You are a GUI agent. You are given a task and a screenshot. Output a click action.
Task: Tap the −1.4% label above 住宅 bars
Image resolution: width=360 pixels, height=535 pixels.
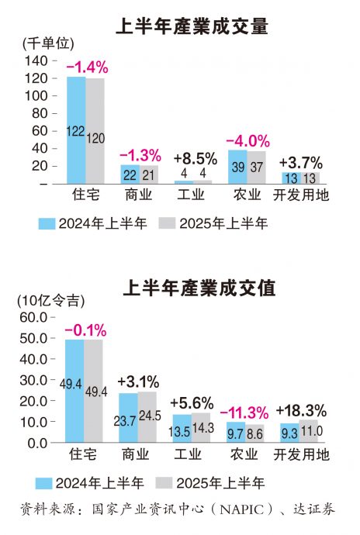pyautogui.click(x=87, y=68)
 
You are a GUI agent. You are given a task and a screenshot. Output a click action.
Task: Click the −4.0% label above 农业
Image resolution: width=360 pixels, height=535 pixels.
pyautogui.click(x=247, y=141)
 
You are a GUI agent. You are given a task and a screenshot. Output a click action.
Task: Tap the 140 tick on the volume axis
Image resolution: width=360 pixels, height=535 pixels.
pyautogui.click(x=36, y=60)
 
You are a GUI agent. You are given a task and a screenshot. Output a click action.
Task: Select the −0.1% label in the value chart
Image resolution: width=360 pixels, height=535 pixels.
pyautogui.click(x=85, y=330)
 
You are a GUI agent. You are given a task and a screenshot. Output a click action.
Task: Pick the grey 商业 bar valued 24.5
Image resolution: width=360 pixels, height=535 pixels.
pyautogui.click(x=147, y=417)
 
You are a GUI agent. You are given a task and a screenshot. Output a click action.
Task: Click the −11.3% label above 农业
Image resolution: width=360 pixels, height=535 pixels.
pyautogui.click(x=245, y=411)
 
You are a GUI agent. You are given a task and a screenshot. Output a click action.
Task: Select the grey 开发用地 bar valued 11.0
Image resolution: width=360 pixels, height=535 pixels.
pyautogui.click(x=309, y=431)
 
